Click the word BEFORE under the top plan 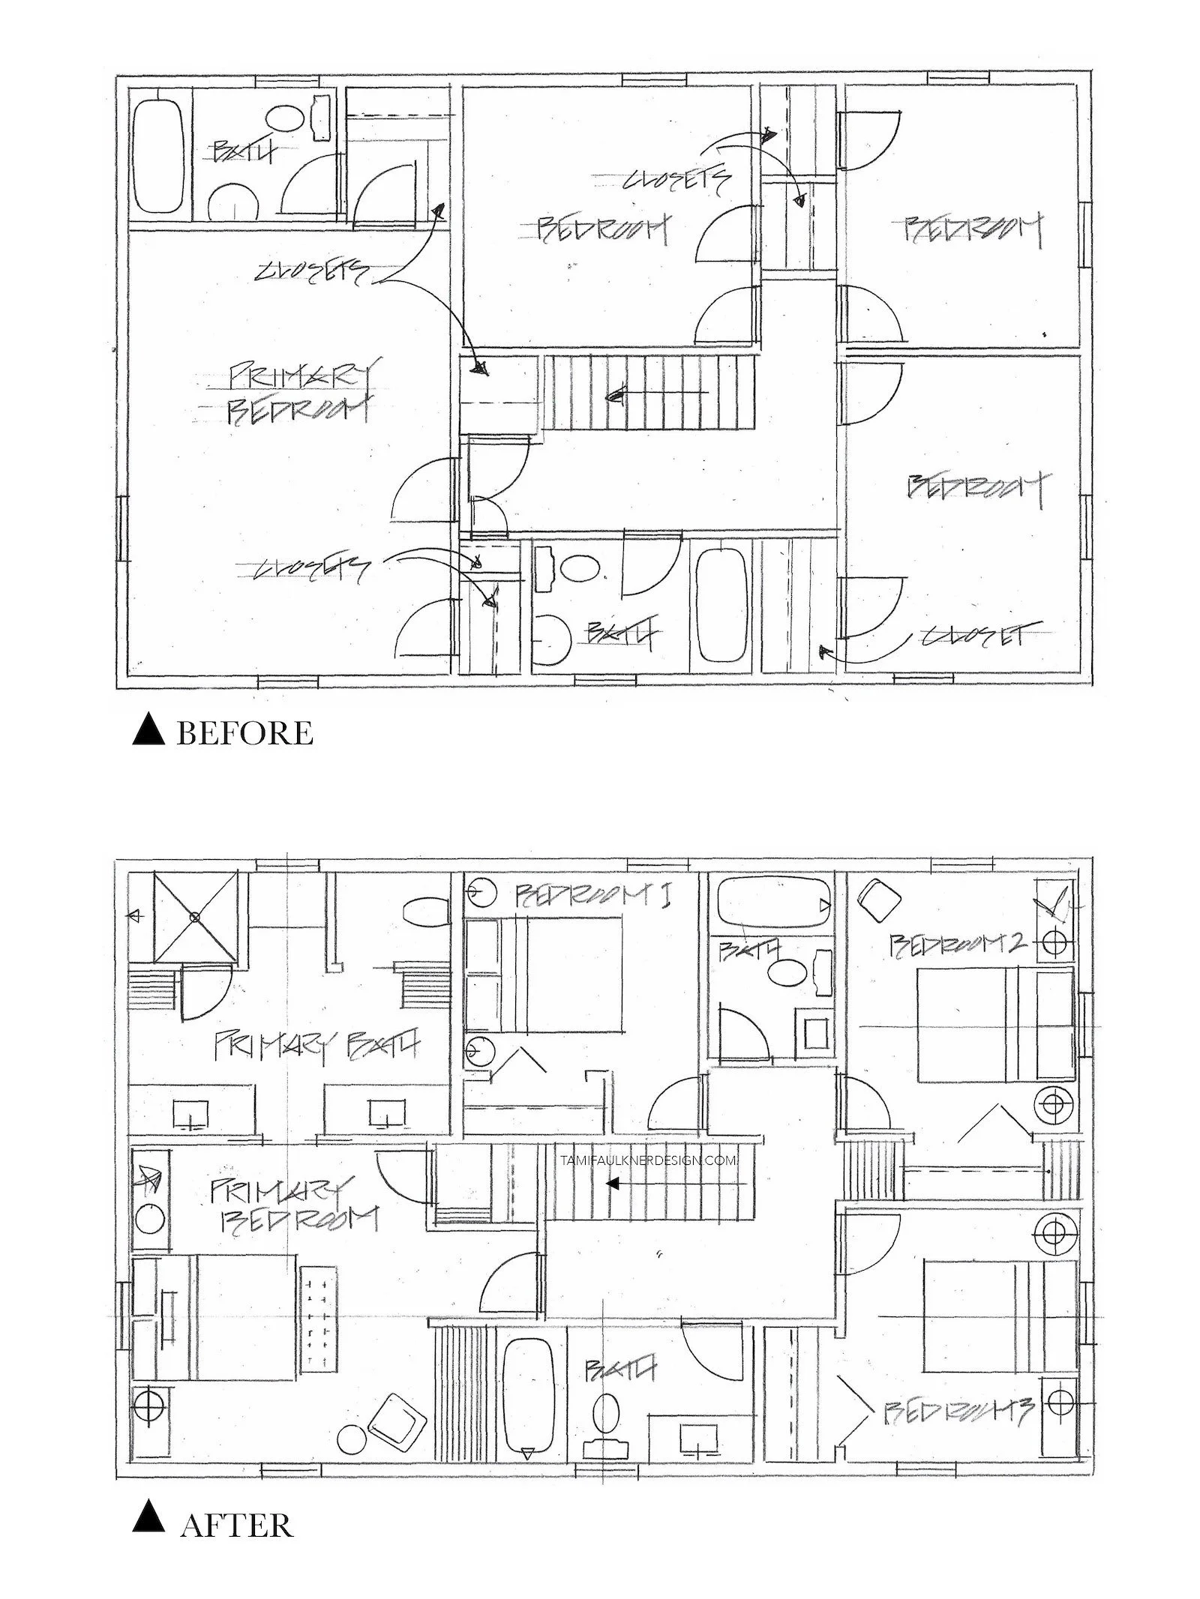[244, 733]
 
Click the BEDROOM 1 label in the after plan [592, 894]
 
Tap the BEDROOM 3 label [960, 1412]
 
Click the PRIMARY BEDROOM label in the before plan [300, 394]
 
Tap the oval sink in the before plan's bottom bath [581, 567]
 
